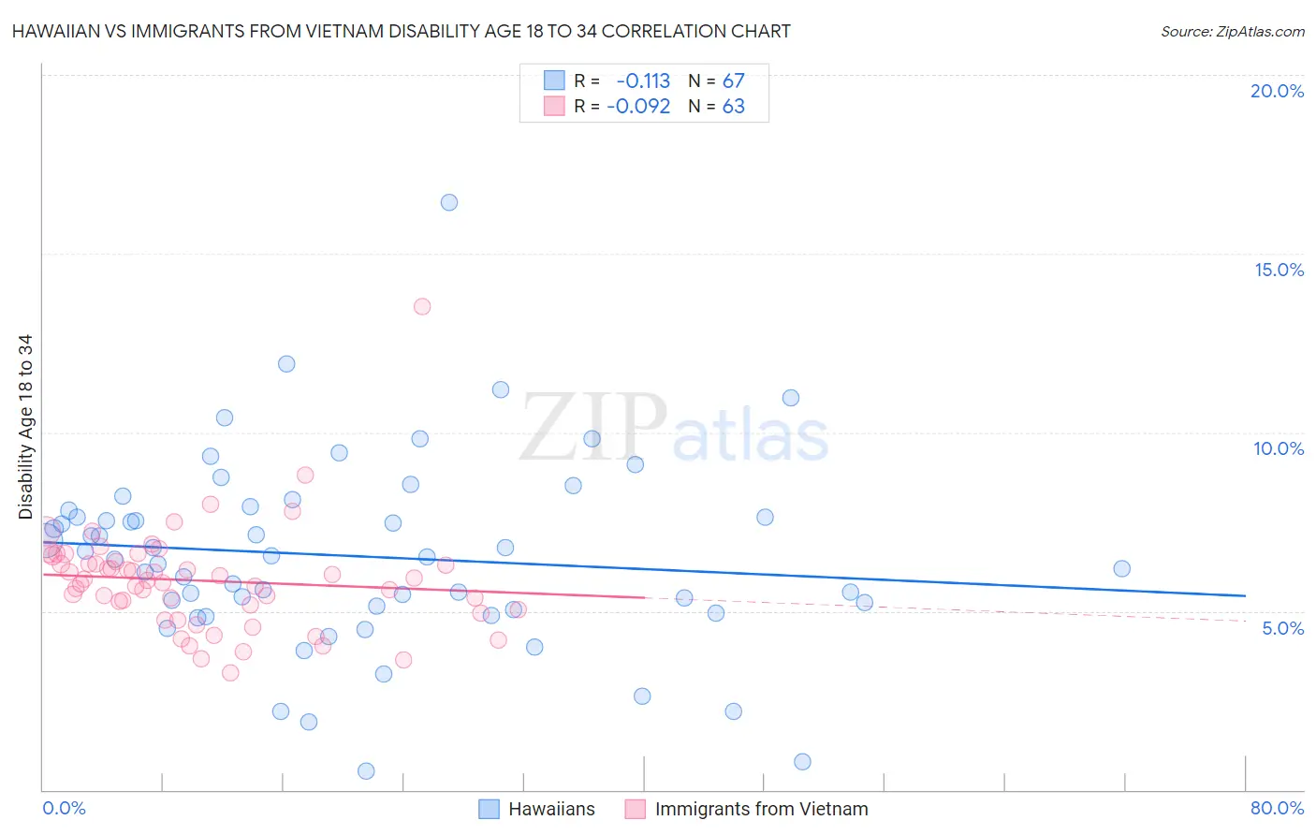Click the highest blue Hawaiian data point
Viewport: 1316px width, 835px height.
click(449, 202)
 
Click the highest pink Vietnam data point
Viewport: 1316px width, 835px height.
click(422, 306)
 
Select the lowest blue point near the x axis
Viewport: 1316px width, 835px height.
click(366, 770)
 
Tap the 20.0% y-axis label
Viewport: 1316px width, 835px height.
click(1277, 91)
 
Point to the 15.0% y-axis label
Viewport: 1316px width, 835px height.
click(1279, 270)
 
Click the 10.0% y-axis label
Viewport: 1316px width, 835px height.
click(1279, 448)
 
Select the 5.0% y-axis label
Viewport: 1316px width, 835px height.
click(1282, 628)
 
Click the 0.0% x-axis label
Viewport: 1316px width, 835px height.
click(64, 808)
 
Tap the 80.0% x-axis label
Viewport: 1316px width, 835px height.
click(1277, 808)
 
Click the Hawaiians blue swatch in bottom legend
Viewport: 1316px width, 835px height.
click(489, 809)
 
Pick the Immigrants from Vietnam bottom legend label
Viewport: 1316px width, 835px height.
click(761, 809)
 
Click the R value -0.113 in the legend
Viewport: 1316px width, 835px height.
click(643, 81)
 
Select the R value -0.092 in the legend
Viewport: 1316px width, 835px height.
click(638, 107)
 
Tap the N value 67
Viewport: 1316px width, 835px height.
click(733, 81)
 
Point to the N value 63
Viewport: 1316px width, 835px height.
click(733, 107)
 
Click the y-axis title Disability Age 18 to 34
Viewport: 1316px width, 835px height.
click(25, 427)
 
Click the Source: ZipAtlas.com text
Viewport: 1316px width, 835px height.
click(1232, 31)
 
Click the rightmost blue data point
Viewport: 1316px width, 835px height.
click(1121, 568)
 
